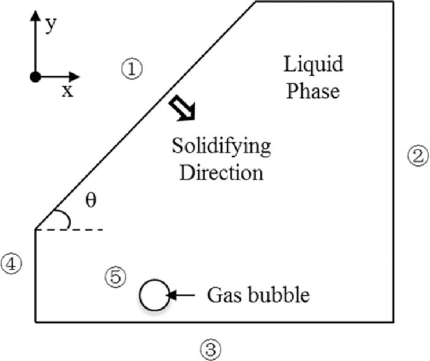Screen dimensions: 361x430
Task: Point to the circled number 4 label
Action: [x=12, y=264]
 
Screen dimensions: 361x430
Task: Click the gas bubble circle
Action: [x=154, y=295]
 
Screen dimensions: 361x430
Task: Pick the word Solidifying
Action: [x=221, y=148]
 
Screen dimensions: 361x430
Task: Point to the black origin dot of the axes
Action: [x=36, y=77]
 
